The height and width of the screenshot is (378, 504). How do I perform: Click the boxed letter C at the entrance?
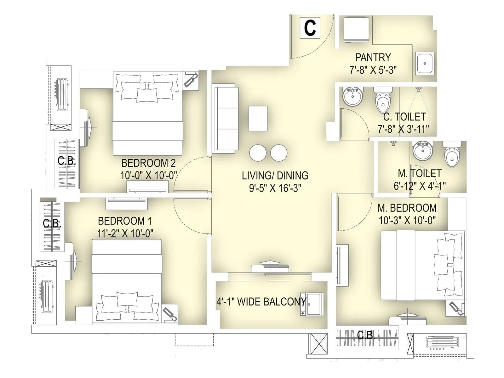310,28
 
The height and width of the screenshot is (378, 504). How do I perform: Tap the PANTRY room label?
373,57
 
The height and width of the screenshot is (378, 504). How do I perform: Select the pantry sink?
425,63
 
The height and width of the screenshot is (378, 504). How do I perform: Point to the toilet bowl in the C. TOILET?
383,101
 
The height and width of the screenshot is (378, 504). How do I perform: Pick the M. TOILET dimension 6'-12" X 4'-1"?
419,186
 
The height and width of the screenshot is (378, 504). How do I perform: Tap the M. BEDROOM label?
407,208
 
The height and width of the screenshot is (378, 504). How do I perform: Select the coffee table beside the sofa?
258,118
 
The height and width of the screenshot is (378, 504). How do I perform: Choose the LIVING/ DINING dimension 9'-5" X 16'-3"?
275,188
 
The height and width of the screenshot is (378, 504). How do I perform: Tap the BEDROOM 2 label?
148,163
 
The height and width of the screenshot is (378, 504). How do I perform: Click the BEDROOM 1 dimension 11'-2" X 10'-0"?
125,233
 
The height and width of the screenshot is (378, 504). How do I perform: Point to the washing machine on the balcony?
312,304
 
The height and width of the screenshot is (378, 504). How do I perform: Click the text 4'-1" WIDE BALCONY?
261,302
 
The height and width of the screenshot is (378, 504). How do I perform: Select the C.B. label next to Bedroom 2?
66,161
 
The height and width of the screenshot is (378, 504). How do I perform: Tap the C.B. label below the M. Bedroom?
366,335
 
